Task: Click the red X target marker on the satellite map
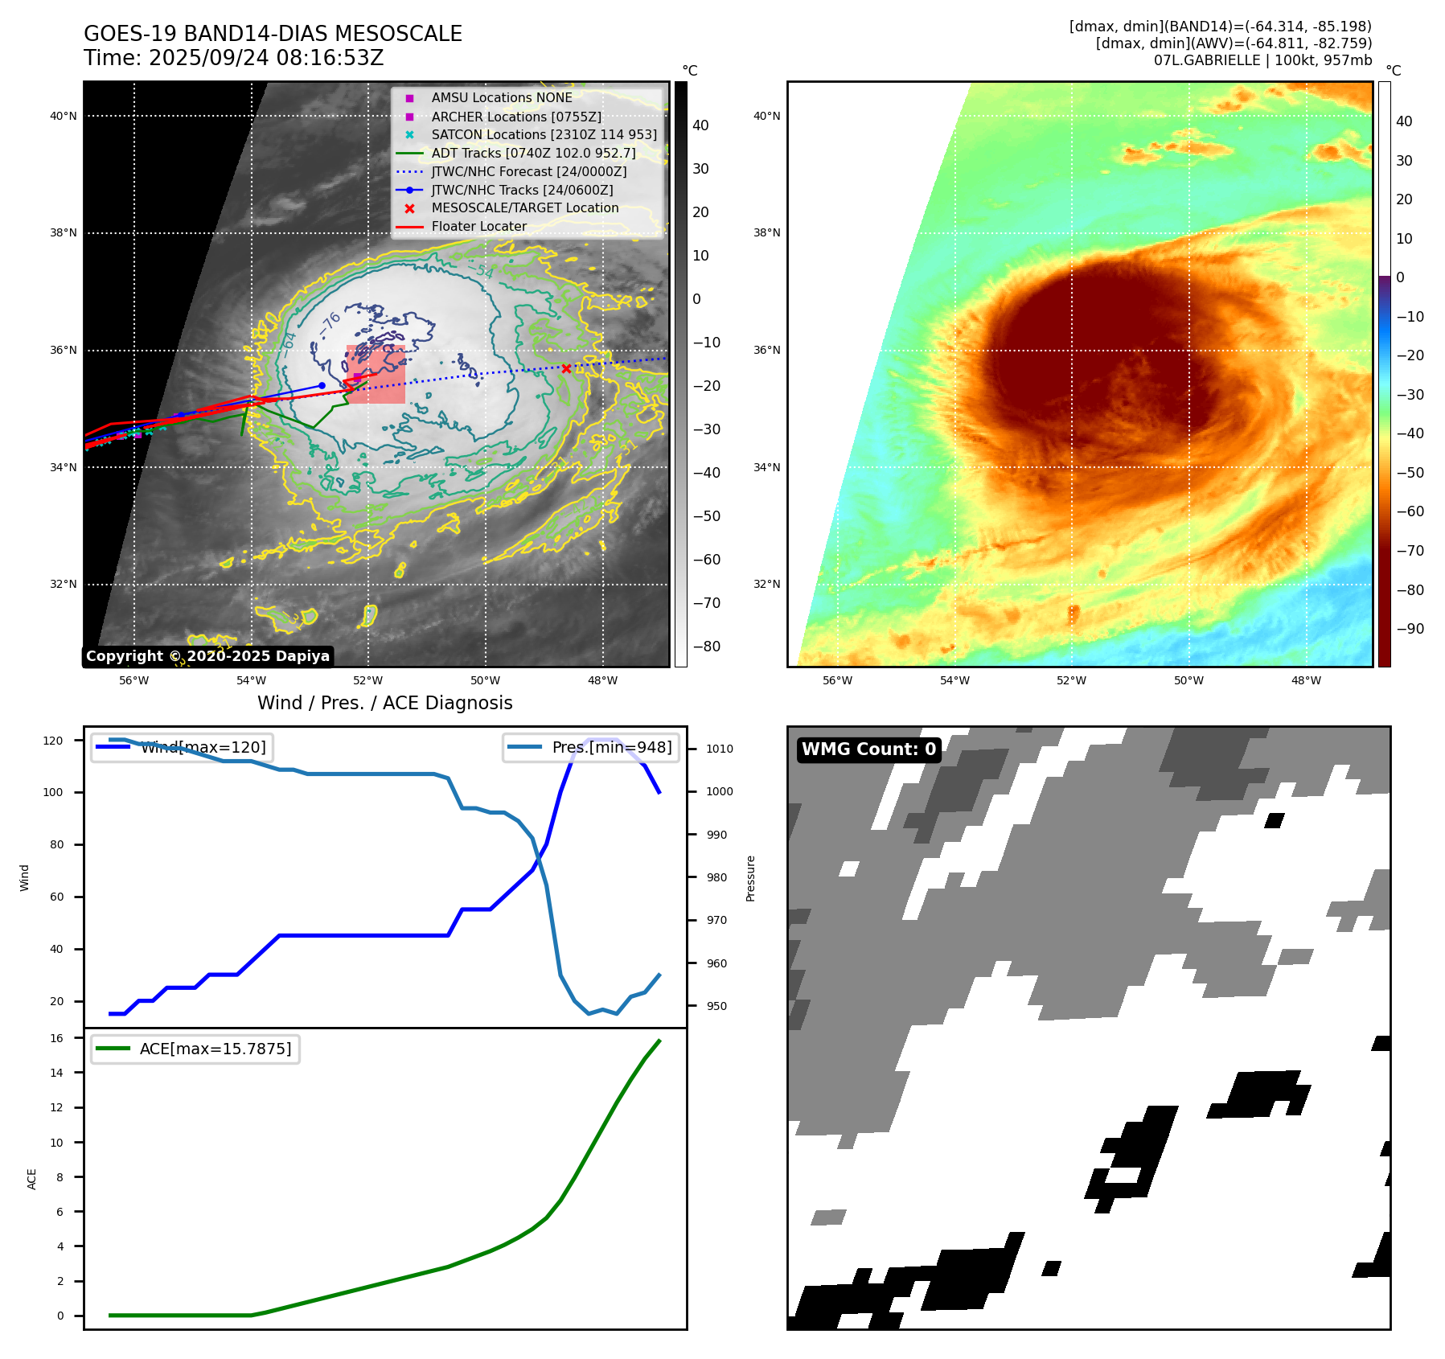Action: (x=566, y=368)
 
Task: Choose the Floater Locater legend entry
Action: (x=478, y=227)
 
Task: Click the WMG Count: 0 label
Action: (x=868, y=749)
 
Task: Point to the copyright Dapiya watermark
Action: (x=207, y=656)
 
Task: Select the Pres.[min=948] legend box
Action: (x=591, y=747)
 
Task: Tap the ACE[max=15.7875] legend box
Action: (x=195, y=1049)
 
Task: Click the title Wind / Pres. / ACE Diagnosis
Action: (x=384, y=703)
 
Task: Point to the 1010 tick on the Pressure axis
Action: (x=720, y=749)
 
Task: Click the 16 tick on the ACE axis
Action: (x=57, y=1038)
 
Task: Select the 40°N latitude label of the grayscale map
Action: (x=64, y=116)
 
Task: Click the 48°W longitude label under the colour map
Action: (x=1306, y=680)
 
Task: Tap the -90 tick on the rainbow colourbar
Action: (x=1410, y=629)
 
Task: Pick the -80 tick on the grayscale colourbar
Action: (x=707, y=647)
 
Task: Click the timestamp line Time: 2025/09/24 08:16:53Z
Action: (x=233, y=58)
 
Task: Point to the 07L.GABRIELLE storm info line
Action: (x=1262, y=60)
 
